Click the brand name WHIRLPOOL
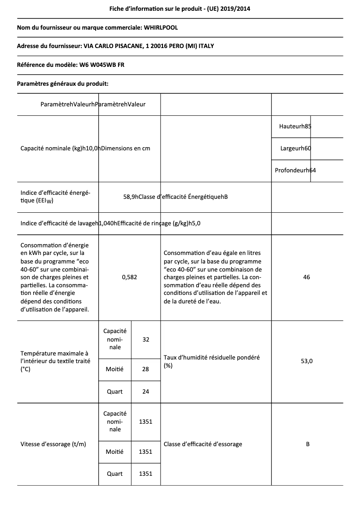point(161,28)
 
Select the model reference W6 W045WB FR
point(102,65)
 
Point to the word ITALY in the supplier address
point(212,46)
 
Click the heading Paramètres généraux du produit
point(62,83)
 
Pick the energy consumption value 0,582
point(129,277)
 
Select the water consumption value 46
point(307,277)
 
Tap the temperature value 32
point(145,340)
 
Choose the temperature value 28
point(145,369)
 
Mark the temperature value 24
point(145,391)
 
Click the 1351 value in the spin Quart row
point(145,474)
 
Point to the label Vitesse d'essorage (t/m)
point(53,444)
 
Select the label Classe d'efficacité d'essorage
point(203,444)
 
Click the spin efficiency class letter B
point(307,444)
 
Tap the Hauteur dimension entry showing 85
point(295,127)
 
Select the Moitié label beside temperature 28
point(114,369)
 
